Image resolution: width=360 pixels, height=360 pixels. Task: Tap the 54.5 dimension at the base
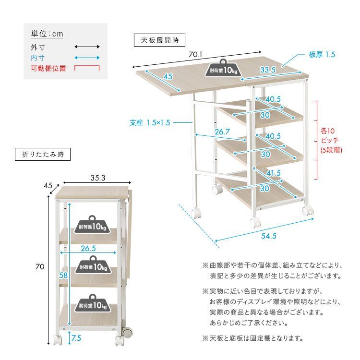269,236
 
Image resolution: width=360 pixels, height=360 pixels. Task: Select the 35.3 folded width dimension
97,178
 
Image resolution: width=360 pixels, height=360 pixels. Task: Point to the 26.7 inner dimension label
222,132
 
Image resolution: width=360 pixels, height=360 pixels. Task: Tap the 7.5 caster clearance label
76,338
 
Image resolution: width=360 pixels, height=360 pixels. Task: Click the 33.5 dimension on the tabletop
267,70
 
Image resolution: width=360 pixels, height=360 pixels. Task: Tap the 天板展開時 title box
159,40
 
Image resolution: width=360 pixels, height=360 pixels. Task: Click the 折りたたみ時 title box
43,155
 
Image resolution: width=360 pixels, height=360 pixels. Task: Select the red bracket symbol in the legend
87,68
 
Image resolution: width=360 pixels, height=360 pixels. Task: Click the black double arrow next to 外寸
87,47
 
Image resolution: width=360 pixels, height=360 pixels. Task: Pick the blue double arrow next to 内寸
87,58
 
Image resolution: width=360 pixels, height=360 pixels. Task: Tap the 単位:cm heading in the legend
47,34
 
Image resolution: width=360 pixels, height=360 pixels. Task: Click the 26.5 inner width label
89,249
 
